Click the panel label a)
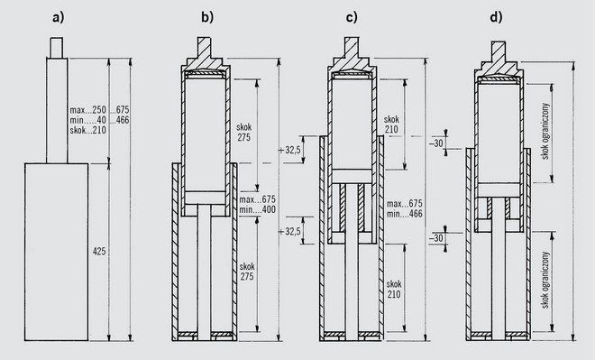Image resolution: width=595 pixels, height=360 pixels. coord(58,17)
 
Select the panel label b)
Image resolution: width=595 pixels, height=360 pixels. coord(207,17)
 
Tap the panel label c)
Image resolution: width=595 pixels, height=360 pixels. coord(352,17)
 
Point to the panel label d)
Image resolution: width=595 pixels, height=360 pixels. coord(496,17)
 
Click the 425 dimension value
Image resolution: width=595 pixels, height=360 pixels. coord(99,252)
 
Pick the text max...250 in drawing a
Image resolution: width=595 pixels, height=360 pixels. coord(88,110)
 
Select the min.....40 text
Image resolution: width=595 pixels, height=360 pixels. coord(88,120)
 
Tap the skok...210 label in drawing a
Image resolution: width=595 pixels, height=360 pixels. coord(88,130)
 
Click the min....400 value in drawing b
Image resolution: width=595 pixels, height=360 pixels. coord(257,209)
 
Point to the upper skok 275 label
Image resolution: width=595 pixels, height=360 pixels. coord(244,132)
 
